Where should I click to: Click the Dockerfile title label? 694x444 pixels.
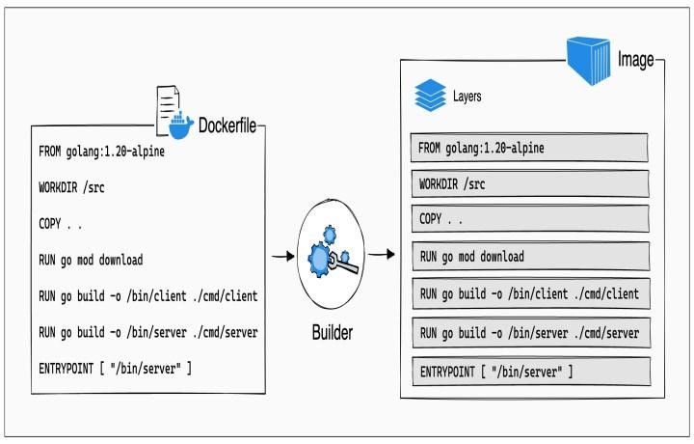227,125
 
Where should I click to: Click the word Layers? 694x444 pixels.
467,97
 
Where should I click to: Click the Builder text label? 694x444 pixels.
331,333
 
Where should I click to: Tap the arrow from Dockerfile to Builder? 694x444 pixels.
283,257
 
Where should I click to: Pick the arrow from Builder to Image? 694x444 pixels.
383,256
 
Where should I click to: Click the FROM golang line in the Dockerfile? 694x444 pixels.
102,153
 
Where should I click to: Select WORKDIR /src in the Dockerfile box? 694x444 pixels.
71,188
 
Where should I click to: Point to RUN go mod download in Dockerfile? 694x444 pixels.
91,260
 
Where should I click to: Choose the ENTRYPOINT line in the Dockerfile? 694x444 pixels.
115,368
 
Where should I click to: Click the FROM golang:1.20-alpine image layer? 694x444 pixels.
528,148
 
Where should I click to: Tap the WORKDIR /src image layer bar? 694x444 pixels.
528,183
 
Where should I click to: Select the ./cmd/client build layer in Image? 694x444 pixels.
528,293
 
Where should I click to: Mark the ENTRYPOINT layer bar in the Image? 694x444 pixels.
528,371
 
